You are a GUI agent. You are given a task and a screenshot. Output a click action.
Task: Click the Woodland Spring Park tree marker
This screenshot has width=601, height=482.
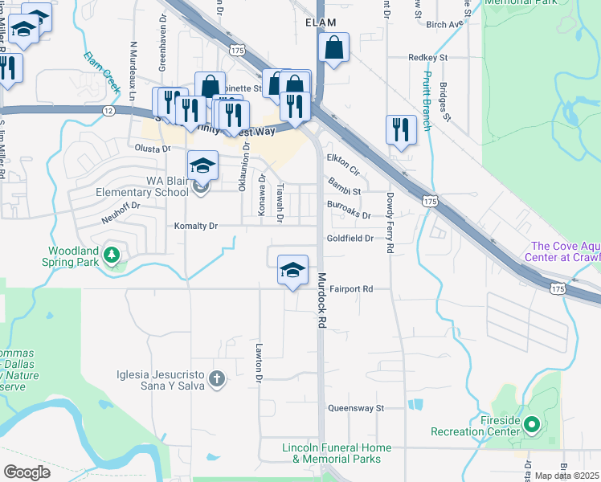pyautogui.click(x=112, y=256)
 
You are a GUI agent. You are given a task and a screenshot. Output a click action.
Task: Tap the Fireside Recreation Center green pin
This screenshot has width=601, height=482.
pyautogui.click(x=530, y=423)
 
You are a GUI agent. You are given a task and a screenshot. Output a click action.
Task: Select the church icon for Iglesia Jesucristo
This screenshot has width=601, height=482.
pyautogui.click(x=215, y=378)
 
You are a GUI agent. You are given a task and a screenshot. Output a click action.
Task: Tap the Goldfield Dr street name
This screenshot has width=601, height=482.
pyautogui.click(x=350, y=239)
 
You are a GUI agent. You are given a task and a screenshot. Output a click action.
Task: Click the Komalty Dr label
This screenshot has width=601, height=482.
pyautogui.click(x=197, y=227)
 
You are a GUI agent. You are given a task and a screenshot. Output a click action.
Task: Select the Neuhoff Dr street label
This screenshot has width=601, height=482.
pyautogui.click(x=121, y=206)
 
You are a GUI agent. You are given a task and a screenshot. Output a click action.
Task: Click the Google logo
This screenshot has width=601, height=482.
pyautogui.click(x=27, y=472)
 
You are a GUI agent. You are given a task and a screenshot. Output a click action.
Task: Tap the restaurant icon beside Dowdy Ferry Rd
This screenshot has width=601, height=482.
pyautogui.click(x=399, y=129)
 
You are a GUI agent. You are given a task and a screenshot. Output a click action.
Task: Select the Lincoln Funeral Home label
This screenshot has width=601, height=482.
pyautogui.click(x=337, y=453)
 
